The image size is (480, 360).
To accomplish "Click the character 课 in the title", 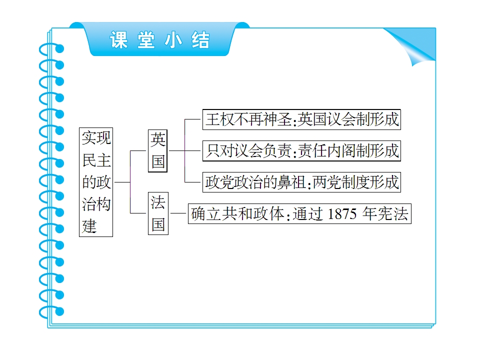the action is coord(119,40).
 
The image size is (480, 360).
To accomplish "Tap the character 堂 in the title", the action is coord(146,40).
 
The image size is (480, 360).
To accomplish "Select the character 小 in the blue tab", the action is coord(173,40).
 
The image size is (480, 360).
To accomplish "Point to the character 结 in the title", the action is coord(200,40).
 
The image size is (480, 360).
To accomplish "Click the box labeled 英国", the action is coord(157,151).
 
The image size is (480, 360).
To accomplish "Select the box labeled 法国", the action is coord(158,213).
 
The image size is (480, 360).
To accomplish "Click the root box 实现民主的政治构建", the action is coord(96,182).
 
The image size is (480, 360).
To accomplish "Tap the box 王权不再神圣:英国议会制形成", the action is coord(301,119).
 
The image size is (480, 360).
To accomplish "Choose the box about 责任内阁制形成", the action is coord(301,150).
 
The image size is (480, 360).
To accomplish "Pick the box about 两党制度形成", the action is coord(301,182).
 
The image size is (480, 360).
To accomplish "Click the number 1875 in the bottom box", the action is coord(342,214).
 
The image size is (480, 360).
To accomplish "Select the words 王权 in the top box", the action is coord(220,119).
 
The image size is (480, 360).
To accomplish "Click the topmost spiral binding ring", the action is coord(51,49).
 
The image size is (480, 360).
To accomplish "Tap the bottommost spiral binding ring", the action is coord(51,312).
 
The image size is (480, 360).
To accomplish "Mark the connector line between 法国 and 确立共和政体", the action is coord(178,213).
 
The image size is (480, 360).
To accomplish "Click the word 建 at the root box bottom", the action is coord(89,226).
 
